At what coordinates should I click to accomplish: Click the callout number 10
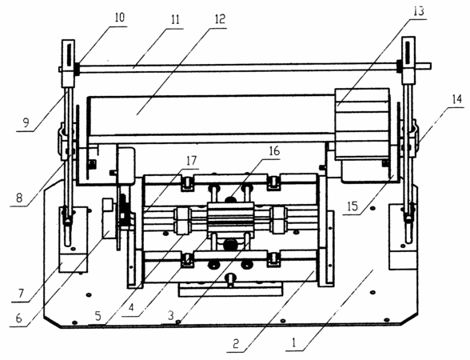click(119, 18)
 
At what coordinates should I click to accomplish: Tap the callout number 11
click(175, 19)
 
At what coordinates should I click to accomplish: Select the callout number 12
click(219, 19)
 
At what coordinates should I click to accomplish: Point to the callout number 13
click(419, 11)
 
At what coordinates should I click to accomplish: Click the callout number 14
click(456, 99)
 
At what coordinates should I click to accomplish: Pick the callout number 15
click(352, 206)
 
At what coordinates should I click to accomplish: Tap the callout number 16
click(274, 151)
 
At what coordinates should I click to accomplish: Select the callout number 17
click(191, 161)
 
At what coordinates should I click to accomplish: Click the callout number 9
click(26, 122)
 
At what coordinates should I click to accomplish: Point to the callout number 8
click(19, 198)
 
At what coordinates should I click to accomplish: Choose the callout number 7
click(21, 293)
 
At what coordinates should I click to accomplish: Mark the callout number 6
click(18, 318)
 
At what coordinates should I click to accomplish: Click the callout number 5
click(98, 316)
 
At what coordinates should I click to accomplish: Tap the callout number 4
click(131, 307)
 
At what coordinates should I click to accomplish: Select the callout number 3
click(170, 315)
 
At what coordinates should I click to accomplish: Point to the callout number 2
click(236, 343)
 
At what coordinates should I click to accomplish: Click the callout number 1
click(294, 342)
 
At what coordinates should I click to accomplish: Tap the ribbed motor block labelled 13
click(362, 124)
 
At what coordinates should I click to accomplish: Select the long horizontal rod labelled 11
click(245, 67)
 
